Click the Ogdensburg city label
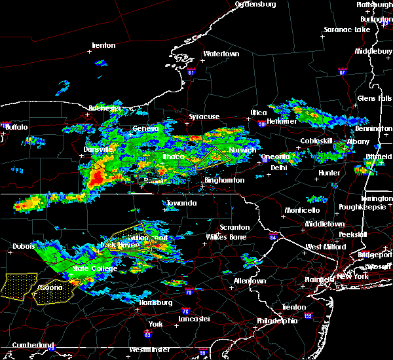coord(255,5)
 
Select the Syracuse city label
coord(204,117)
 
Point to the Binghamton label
coord(225,180)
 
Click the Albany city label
coord(358,141)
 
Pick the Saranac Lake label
coord(348,29)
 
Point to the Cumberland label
coord(31,345)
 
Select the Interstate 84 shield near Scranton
coord(273,236)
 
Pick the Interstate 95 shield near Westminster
coord(202,353)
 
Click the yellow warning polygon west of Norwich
coord(212,158)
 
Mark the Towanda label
coord(181,204)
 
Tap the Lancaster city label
coord(195,319)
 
